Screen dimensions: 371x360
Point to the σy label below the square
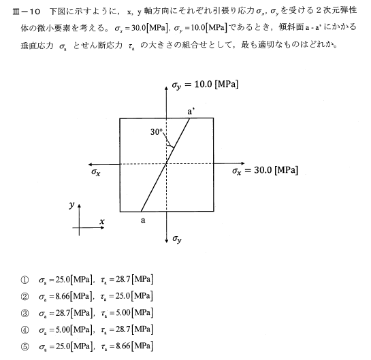click(176, 239)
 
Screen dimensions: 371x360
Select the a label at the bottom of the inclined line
click(144, 220)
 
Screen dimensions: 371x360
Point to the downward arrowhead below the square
click(167, 239)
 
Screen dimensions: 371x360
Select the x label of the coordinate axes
click(101, 223)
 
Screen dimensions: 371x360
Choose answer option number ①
click(25, 279)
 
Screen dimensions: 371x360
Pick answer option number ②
click(25, 296)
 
